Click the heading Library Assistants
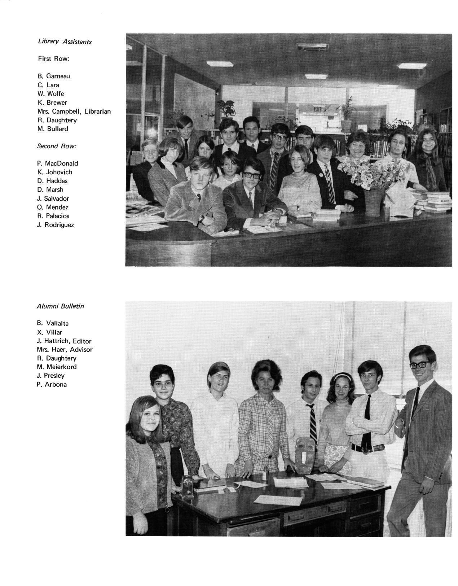(x=65, y=41)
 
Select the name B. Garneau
(x=54, y=76)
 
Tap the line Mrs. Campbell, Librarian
(x=74, y=111)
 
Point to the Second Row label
(x=57, y=146)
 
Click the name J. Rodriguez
(x=55, y=225)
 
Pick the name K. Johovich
(x=54, y=172)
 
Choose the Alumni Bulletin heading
(x=60, y=306)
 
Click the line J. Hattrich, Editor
(x=64, y=341)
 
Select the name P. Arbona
(x=52, y=384)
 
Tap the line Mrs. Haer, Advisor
(x=65, y=350)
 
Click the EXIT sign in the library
(x=317, y=109)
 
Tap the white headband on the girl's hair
(x=342, y=376)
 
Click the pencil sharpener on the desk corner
(x=187, y=486)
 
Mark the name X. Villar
(x=49, y=332)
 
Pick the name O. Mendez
(x=52, y=207)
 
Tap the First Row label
(x=53, y=58)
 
